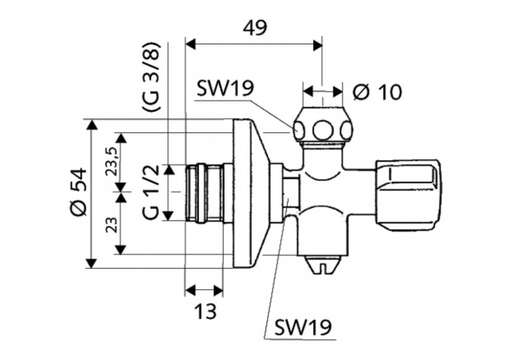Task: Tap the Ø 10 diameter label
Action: click(x=378, y=92)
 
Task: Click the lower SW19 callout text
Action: click(x=302, y=327)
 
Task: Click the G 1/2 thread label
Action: click(x=151, y=192)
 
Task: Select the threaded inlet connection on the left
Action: click(x=204, y=192)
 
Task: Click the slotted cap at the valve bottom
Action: click(x=323, y=265)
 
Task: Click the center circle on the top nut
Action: click(x=323, y=130)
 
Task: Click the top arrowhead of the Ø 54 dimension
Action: click(x=92, y=124)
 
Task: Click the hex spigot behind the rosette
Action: click(x=289, y=192)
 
